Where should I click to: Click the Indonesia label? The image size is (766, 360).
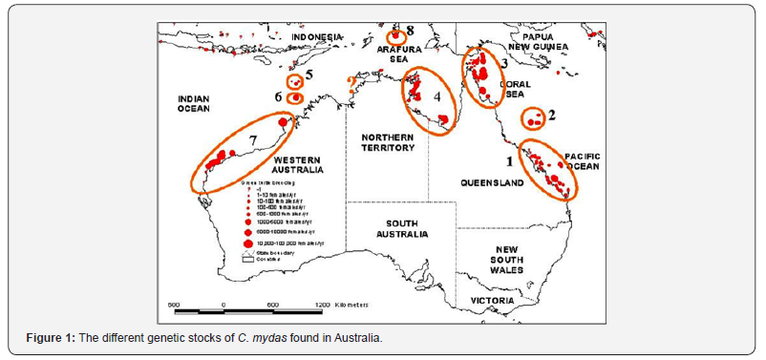point(316,37)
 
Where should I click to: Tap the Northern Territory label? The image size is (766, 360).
point(388,143)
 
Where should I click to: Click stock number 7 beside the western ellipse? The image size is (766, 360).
point(253,141)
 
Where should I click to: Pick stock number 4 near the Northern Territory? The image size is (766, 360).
point(436,96)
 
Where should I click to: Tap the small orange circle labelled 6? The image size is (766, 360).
point(295,97)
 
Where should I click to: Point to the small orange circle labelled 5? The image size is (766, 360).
point(295,80)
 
